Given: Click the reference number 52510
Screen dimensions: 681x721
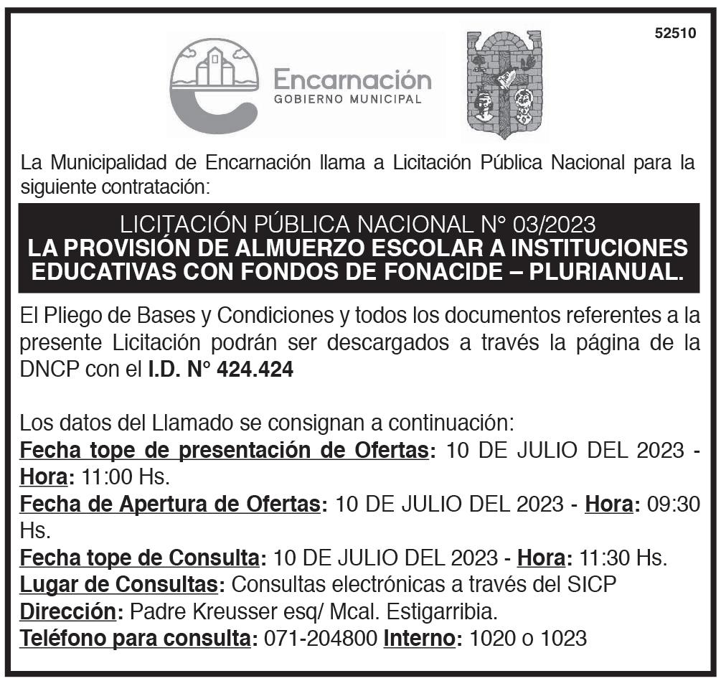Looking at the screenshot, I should [x=675, y=33].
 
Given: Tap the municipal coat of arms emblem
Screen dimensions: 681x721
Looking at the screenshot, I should [x=504, y=85].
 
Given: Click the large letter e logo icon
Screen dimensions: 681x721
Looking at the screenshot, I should [x=213, y=86].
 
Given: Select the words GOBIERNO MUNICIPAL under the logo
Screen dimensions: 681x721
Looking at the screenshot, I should [x=348, y=100].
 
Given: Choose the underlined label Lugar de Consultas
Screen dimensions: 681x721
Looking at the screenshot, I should [x=118, y=584].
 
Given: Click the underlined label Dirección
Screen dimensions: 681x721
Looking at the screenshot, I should [x=67, y=611].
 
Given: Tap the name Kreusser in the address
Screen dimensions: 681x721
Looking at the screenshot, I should [x=242, y=611].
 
